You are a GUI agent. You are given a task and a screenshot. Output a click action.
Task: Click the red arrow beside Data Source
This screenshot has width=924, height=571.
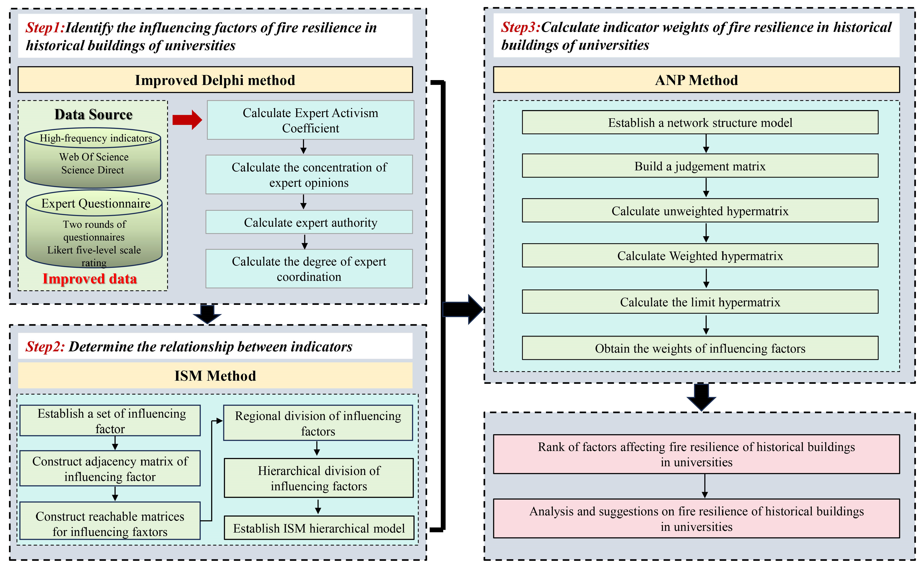pyautogui.click(x=187, y=120)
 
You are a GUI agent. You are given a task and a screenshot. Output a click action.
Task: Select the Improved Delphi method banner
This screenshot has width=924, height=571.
pyautogui.click(x=215, y=80)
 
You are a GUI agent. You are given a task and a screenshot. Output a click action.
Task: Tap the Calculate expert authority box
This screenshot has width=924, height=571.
pyautogui.click(x=309, y=222)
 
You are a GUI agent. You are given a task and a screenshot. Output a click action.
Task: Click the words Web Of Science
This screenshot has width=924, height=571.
pyautogui.click(x=94, y=157)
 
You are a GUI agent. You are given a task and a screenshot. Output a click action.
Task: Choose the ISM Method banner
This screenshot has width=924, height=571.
pyautogui.click(x=215, y=376)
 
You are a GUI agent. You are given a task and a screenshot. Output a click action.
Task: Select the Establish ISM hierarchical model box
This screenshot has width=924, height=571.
pyautogui.click(x=319, y=528)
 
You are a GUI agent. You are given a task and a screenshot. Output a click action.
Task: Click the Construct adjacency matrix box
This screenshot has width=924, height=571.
pyautogui.click(x=110, y=469)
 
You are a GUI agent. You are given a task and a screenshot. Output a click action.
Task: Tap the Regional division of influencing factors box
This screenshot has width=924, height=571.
pyautogui.click(x=318, y=423)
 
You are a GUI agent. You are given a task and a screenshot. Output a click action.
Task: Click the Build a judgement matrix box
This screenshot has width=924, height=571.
pyautogui.click(x=700, y=166)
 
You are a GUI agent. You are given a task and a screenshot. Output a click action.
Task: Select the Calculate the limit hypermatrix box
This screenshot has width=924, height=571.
pyautogui.click(x=700, y=302)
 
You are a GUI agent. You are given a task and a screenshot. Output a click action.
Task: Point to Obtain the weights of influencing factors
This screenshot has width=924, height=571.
pyautogui.click(x=700, y=348)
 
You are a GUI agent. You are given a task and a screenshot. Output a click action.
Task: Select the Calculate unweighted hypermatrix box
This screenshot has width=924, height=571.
pyautogui.click(x=700, y=211)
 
